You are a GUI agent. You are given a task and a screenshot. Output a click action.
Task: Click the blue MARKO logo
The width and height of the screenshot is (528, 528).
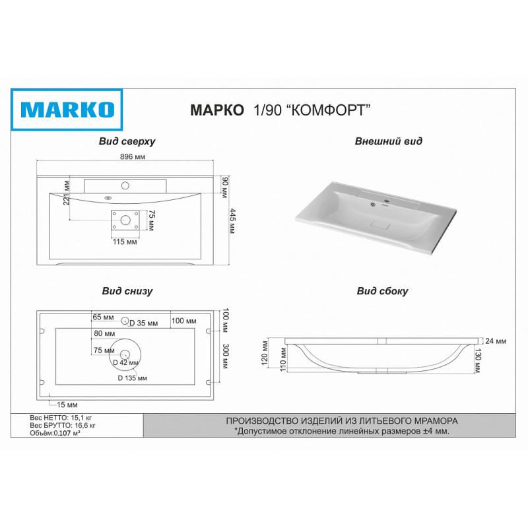(x=67, y=110)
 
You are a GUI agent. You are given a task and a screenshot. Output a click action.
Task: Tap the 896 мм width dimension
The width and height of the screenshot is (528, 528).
(x=133, y=156)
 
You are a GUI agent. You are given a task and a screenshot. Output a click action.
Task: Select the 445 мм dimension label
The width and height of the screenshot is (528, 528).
(x=232, y=221)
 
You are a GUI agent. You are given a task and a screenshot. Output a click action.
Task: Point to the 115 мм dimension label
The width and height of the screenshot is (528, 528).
(x=125, y=242)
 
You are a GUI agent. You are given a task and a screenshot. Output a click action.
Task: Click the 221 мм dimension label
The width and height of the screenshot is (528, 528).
(x=67, y=193)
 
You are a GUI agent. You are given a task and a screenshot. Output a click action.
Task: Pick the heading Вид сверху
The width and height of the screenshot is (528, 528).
(x=127, y=141)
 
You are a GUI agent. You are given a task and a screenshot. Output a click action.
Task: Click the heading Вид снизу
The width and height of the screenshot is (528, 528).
(x=127, y=291)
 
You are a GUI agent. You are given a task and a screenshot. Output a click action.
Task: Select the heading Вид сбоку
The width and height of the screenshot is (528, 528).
(x=382, y=291)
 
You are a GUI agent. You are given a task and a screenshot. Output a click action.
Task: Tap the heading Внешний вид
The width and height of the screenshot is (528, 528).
(x=388, y=141)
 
